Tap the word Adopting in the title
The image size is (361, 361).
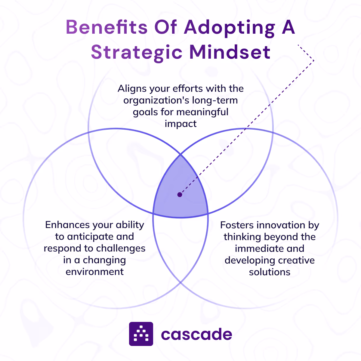coord(229,28)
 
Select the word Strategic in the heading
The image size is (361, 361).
coord(137,52)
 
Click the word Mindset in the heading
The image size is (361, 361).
coord(230,52)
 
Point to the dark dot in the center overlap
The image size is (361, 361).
coord(180,195)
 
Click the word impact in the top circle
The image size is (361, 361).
coord(180,124)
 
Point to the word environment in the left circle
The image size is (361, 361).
coord(95,272)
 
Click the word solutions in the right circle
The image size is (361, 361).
coord(270,272)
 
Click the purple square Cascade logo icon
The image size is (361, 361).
coord(141,334)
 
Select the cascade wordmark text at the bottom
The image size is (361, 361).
coord(196,334)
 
